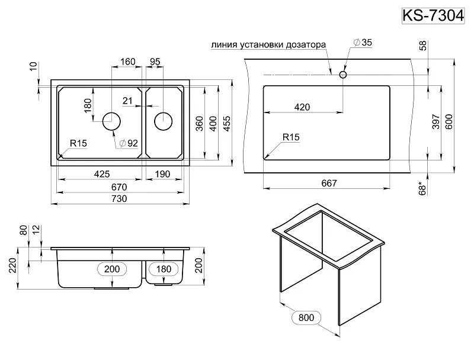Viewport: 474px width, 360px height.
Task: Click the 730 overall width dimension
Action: (119, 199)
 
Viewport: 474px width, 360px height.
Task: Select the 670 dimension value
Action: (119, 187)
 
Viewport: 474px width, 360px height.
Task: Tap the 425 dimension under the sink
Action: (102, 174)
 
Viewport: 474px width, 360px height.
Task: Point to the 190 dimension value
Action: (163, 174)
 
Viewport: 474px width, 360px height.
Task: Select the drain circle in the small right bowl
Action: (163, 121)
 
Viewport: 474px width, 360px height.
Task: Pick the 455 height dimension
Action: (228, 123)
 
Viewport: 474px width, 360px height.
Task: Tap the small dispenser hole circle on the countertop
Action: (342, 75)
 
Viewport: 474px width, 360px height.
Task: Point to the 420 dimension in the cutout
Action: (302, 107)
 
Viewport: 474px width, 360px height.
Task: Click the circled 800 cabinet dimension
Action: (306, 317)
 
